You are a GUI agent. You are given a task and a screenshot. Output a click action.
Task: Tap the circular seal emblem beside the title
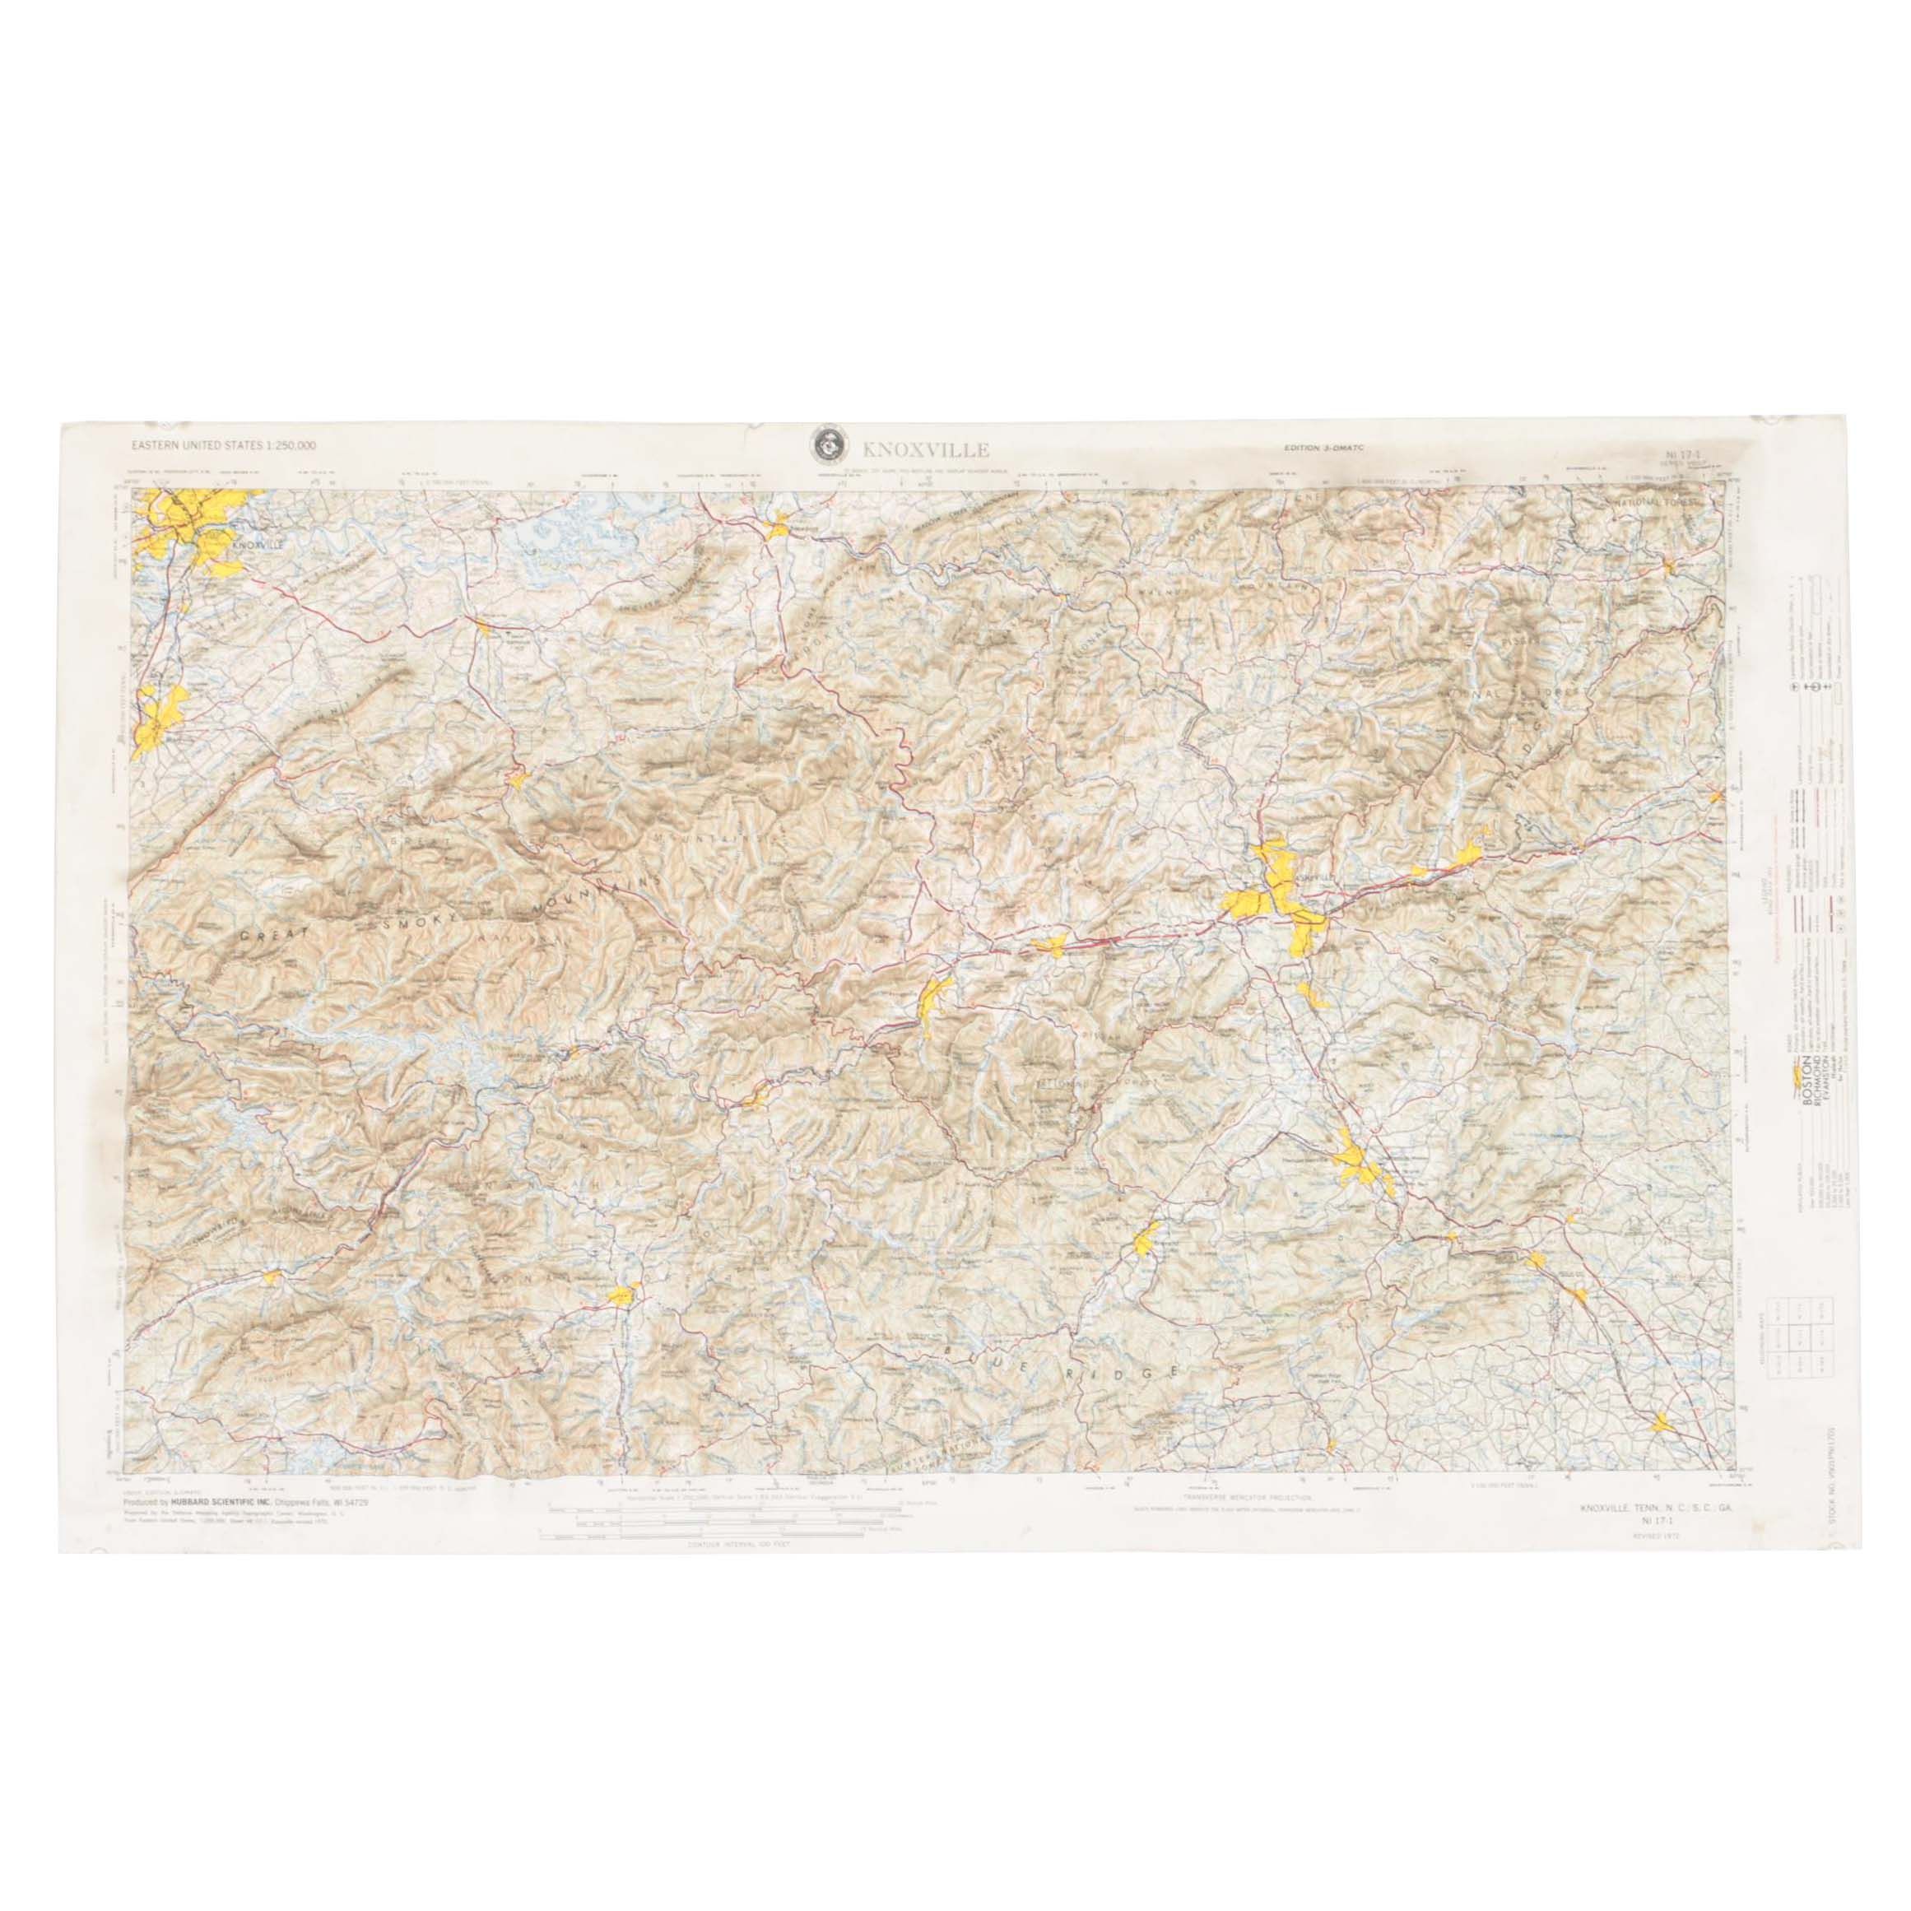pyautogui.click(x=825, y=445)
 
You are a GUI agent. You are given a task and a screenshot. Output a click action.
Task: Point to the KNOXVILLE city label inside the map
pyautogui.click(x=255, y=544)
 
